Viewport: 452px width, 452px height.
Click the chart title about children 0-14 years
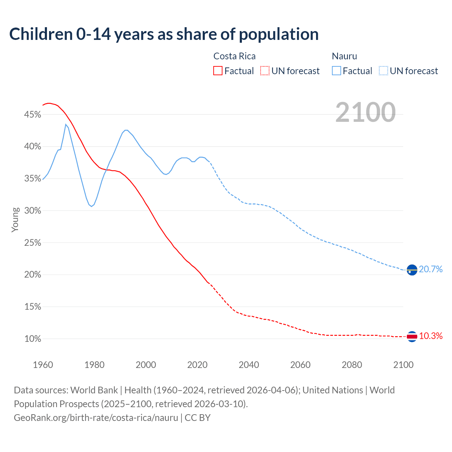(x=164, y=34)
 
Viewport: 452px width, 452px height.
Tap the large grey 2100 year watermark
(x=365, y=112)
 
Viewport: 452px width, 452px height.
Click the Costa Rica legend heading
(x=234, y=56)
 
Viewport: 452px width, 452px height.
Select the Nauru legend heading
(x=344, y=56)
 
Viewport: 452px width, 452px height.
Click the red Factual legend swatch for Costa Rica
(x=218, y=71)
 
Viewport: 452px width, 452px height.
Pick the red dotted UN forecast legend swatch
(x=265, y=71)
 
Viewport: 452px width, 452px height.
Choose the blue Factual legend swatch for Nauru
(x=337, y=71)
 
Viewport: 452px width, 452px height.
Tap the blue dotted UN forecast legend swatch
(x=383, y=71)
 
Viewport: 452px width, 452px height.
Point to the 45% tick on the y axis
(x=32, y=114)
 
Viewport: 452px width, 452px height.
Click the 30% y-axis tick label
(x=32, y=211)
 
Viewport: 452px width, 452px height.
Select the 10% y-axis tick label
(x=32, y=339)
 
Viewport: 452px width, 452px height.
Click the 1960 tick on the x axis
(x=43, y=365)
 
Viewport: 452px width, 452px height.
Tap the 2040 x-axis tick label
(x=249, y=365)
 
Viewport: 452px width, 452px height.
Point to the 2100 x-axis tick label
(x=403, y=365)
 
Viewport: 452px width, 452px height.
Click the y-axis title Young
(x=15, y=220)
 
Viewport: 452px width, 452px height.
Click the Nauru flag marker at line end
(x=412, y=270)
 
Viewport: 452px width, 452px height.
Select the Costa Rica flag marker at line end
(x=412, y=337)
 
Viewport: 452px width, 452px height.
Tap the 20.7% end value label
(x=431, y=269)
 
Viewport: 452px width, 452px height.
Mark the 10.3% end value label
(x=431, y=336)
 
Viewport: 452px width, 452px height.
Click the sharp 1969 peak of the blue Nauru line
(x=66, y=124)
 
